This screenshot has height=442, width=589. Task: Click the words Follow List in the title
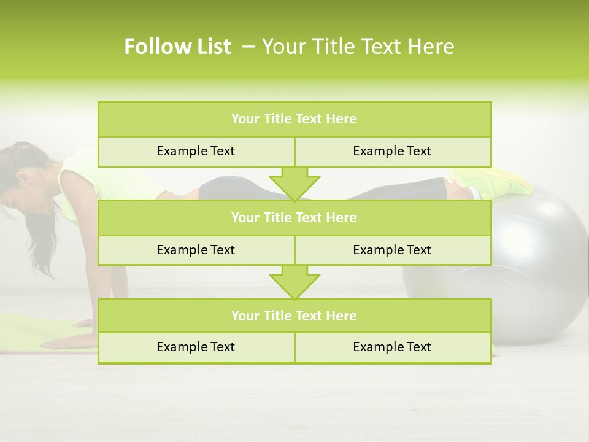tap(177, 47)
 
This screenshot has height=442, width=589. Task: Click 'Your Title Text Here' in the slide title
tap(358, 47)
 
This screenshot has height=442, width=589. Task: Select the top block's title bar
tap(294, 119)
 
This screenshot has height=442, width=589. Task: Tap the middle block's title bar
tap(294, 217)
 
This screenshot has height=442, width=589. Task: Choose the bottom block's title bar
tap(294, 316)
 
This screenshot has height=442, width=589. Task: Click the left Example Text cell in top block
tap(196, 151)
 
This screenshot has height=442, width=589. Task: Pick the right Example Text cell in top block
tap(392, 151)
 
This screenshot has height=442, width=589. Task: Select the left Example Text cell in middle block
tap(196, 250)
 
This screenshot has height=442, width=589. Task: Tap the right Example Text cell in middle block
tap(392, 250)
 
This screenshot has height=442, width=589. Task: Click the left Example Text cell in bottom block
tap(196, 347)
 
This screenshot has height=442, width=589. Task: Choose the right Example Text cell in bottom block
tap(392, 347)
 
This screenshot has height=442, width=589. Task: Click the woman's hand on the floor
tap(67, 341)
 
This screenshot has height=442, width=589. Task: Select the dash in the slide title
tap(248, 47)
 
